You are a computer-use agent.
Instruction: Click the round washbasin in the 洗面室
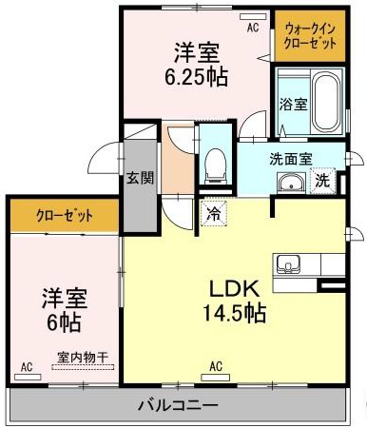click(x=290, y=183)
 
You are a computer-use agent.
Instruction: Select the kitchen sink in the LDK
click(x=289, y=263)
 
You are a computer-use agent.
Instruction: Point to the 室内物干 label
click(x=82, y=358)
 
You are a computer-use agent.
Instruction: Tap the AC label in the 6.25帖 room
click(x=253, y=29)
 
